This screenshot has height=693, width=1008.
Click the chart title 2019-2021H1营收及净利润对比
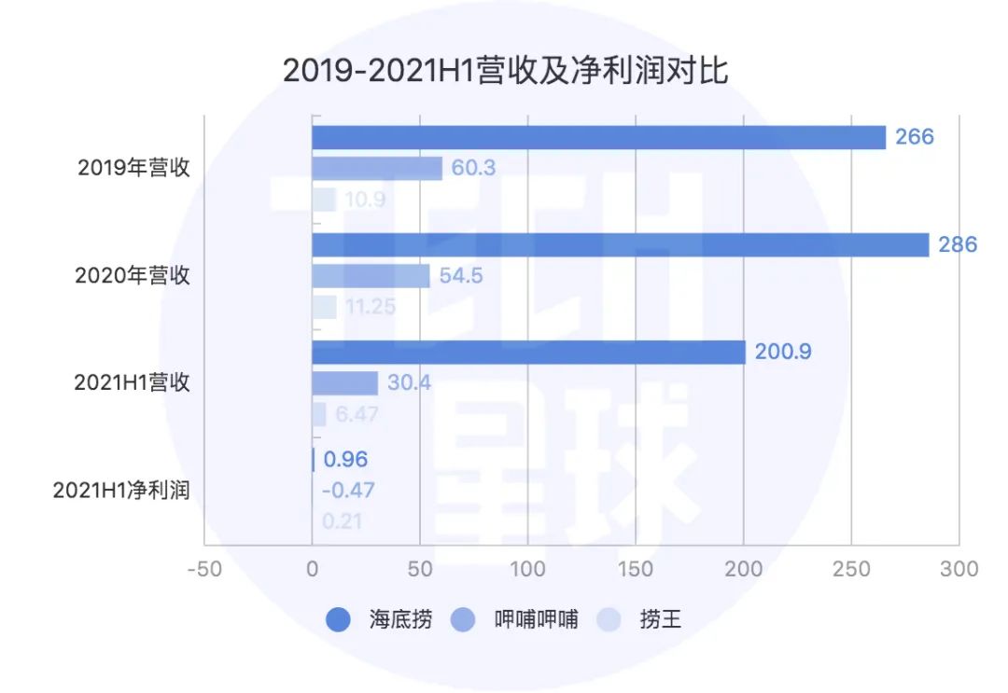point(505,71)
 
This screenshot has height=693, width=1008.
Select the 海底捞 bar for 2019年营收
point(597,137)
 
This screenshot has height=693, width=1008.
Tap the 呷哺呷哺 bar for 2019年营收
point(376,168)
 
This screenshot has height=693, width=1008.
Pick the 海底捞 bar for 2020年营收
point(620,244)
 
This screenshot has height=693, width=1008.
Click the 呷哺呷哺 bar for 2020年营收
point(371,275)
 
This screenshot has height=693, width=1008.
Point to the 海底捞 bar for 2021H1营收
point(528,352)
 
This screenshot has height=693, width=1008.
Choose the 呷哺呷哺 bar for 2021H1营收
point(344,382)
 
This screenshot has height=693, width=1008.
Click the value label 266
point(914,137)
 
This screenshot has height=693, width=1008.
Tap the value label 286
point(958,244)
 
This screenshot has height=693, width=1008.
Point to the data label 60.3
point(473,168)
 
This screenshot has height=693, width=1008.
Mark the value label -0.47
point(348,490)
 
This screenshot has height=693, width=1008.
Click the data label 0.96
point(345,459)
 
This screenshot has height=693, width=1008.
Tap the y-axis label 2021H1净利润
point(121,490)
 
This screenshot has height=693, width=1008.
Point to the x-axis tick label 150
point(636,569)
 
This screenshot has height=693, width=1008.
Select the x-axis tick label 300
point(959,569)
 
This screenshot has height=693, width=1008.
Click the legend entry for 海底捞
point(378,618)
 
